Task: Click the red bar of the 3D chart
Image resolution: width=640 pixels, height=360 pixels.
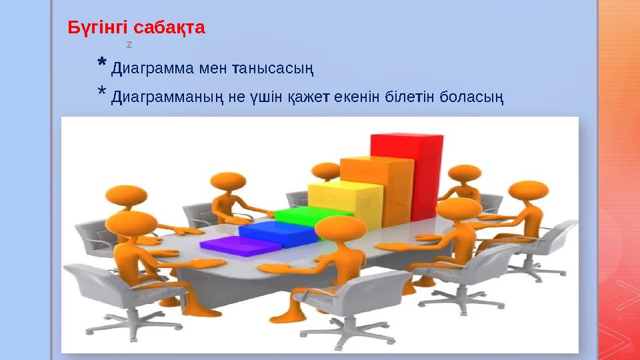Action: coord(407,173)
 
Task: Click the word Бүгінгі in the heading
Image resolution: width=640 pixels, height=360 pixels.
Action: coord(98,29)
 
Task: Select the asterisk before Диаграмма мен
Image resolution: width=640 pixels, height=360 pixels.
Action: coord(101,64)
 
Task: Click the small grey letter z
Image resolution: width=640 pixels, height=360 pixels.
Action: coord(129,45)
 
